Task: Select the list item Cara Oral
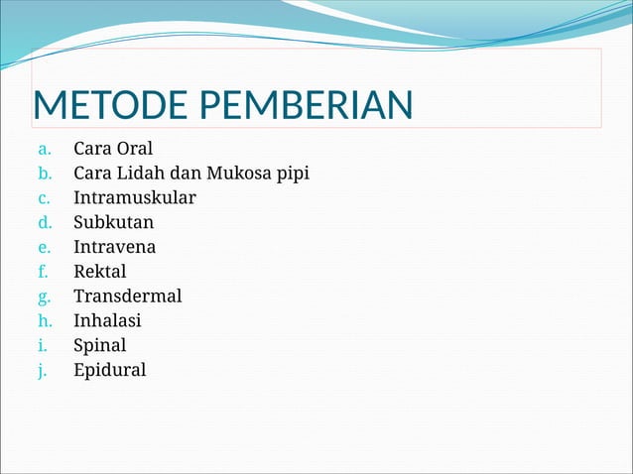coord(113,150)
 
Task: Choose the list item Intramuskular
coord(134,198)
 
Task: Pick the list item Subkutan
coord(113,223)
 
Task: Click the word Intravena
coord(114,247)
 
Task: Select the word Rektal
coord(100,272)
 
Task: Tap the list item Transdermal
coord(127,296)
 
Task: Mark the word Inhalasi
coord(107,321)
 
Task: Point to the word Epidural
coord(109,371)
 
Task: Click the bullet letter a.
coord(43,151)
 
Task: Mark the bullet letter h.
coord(43,321)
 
